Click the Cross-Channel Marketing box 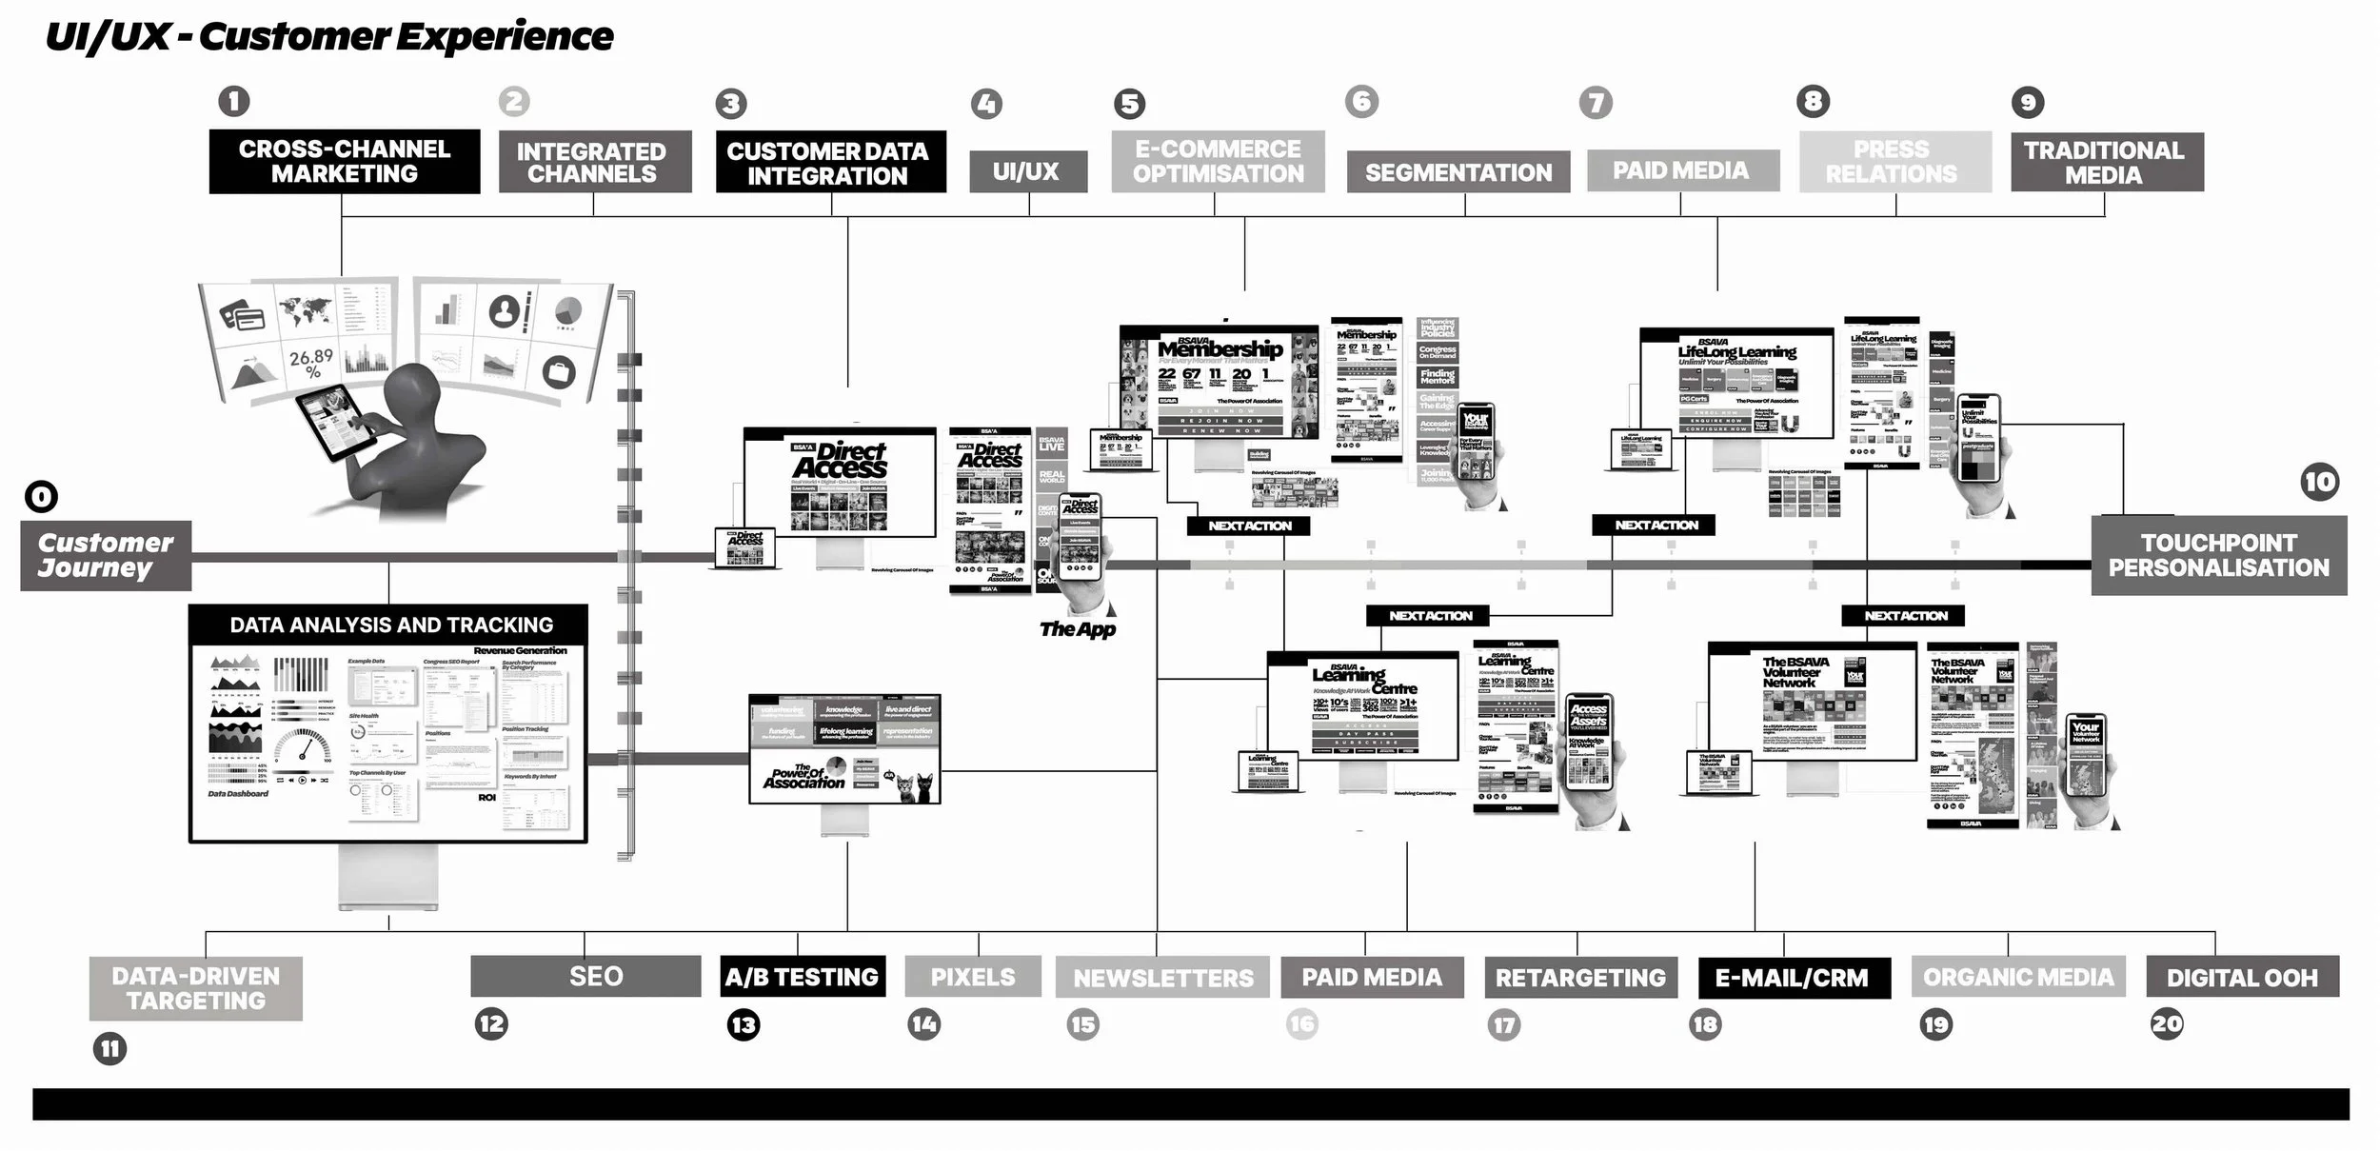(x=345, y=162)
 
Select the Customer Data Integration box (x=830, y=163)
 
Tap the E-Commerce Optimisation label (x=1218, y=162)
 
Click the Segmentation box (x=1458, y=172)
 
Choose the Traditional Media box (x=2106, y=163)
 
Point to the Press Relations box (x=1894, y=162)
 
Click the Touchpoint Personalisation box (x=2218, y=556)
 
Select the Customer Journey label (x=106, y=556)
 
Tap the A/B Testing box (x=802, y=977)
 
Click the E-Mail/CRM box (x=1794, y=978)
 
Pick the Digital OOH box (x=2242, y=978)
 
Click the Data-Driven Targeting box (x=196, y=988)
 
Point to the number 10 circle (x=2319, y=482)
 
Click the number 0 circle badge (x=41, y=496)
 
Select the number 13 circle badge (x=744, y=1025)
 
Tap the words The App (x=1078, y=629)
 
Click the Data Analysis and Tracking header (x=390, y=625)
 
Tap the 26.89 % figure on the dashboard (x=311, y=362)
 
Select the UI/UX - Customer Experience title (x=329, y=37)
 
